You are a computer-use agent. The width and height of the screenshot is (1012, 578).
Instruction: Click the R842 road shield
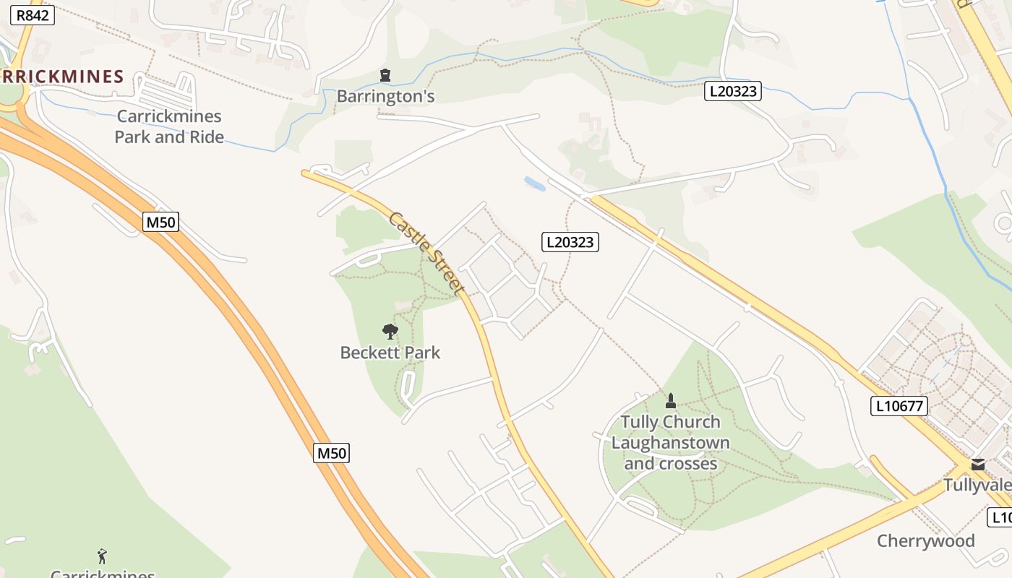tap(32, 14)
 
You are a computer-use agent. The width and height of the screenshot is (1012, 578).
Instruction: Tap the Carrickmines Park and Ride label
tap(169, 126)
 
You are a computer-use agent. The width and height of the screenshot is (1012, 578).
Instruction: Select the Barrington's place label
tap(386, 96)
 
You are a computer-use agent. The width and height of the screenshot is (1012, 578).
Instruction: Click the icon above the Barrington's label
tap(385, 74)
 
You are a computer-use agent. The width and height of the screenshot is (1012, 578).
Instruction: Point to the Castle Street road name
tap(426, 252)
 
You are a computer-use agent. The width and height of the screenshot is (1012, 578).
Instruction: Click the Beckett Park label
tap(390, 353)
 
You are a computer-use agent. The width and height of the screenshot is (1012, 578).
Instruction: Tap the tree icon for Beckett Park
tap(390, 332)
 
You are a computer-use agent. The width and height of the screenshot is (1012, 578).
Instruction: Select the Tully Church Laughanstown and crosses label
tap(670, 442)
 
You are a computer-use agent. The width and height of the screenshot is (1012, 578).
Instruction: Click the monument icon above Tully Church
tap(671, 401)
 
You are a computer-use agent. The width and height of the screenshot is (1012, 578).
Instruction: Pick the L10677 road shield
tap(899, 406)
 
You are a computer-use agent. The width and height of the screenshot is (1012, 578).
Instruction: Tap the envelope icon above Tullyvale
tap(978, 465)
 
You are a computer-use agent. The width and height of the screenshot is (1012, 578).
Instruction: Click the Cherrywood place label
tap(926, 541)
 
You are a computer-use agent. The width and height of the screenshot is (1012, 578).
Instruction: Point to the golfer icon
tap(102, 556)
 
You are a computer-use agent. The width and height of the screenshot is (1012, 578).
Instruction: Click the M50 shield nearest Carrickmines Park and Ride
tap(161, 222)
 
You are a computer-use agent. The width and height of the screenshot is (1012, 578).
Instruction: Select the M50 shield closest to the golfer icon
tap(332, 453)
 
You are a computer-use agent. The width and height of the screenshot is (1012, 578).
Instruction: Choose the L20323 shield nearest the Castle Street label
tap(570, 242)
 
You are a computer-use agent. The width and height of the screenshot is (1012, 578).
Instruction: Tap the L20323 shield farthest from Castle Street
tap(733, 91)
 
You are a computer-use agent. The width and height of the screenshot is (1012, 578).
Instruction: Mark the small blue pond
tap(535, 184)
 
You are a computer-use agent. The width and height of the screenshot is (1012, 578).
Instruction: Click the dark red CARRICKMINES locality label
tap(62, 77)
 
